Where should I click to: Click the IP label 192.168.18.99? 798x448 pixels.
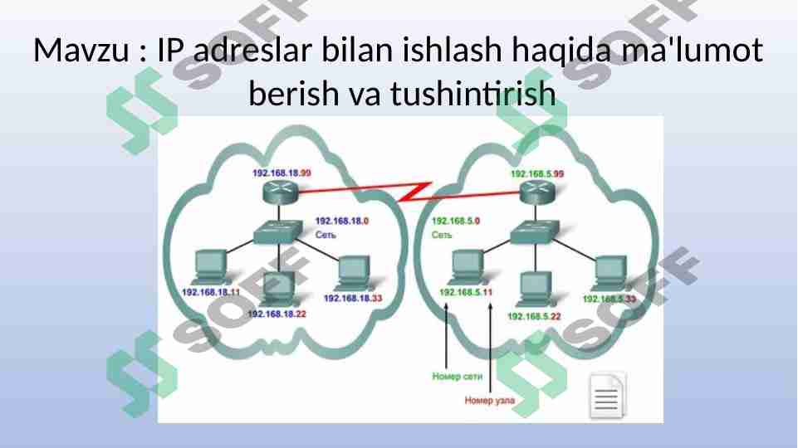[282, 173]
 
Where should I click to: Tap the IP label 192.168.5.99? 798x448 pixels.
[536, 173]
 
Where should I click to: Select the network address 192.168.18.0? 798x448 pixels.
[342, 222]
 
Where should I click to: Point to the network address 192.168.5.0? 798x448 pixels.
[456, 222]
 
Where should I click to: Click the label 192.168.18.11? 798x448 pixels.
[210, 292]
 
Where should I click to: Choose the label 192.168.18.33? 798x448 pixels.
[352, 298]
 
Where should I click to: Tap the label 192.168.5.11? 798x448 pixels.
[465, 292]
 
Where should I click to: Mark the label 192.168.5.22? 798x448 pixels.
[533, 316]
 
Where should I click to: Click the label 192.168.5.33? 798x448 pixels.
[609, 299]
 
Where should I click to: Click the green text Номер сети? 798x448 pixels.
[457, 377]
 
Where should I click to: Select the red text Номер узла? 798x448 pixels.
[489, 401]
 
